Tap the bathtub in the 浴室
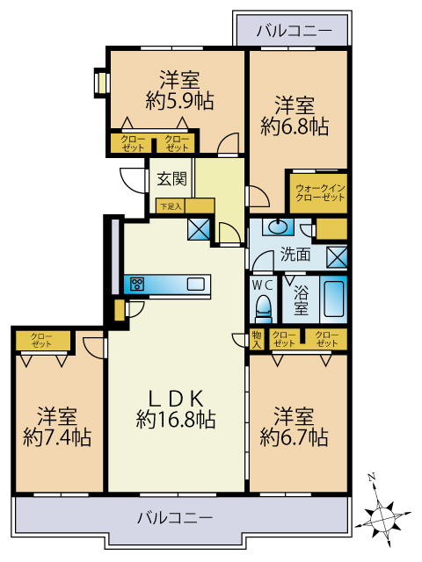click(x=333, y=299)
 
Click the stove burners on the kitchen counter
click(x=137, y=285)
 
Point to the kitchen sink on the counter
click(x=195, y=285)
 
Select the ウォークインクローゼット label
click(x=320, y=192)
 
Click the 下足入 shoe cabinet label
click(x=171, y=206)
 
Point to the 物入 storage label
click(x=257, y=340)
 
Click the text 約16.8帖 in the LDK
click(x=176, y=420)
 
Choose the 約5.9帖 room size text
click(x=179, y=101)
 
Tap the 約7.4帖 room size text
click(x=57, y=437)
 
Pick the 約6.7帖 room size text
click(x=294, y=436)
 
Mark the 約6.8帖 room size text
click(x=295, y=126)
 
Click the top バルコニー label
click(x=295, y=32)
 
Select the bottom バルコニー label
click(x=175, y=518)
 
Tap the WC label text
click(x=263, y=285)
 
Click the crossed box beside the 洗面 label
click(x=337, y=257)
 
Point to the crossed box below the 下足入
click(x=199, y=229)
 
